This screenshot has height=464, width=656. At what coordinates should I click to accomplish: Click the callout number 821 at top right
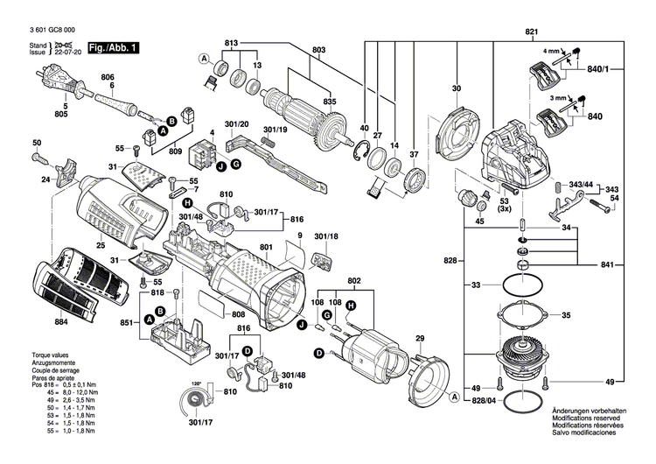tap(531, 32)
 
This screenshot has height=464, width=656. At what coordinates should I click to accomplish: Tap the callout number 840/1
tap(622, 68)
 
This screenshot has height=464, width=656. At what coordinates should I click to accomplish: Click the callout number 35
tap(566, 315)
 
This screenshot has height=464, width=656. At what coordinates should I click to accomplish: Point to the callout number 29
tap(419, 338)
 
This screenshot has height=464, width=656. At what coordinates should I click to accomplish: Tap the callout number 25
tap(101, 246)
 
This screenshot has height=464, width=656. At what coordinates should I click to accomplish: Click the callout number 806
tap(107, 78)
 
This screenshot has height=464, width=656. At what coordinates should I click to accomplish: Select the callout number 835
tap(329, 102)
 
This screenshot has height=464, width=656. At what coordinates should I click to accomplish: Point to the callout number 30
tap(456, 88)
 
